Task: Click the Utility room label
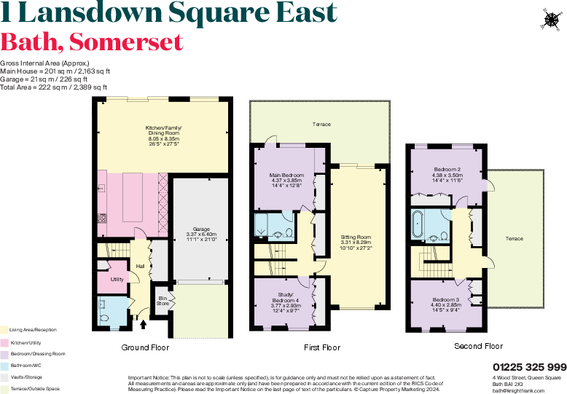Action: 117,279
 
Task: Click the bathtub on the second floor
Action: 418,224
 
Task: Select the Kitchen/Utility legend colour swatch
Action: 4,342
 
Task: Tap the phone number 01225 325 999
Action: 528,366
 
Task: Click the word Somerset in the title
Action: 129,42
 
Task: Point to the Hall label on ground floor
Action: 139,266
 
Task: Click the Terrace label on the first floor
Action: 321,125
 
